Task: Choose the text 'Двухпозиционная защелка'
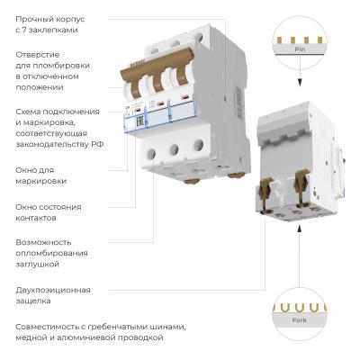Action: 56,295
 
